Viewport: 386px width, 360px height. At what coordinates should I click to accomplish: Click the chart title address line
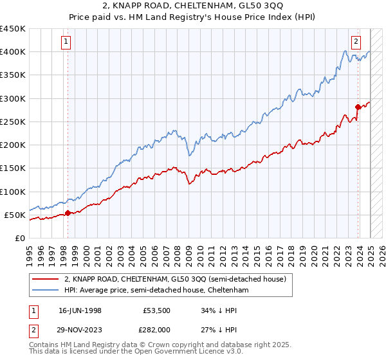click(x=193, y=6)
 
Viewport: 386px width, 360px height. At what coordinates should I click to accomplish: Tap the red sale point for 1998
click(x=68, y=213)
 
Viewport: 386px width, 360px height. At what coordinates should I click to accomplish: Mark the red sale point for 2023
click(x=358, y=107)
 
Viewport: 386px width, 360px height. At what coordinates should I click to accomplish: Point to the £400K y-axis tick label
click(x=13, y=52)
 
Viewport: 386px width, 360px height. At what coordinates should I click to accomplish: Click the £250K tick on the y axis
click(x=13, y=122)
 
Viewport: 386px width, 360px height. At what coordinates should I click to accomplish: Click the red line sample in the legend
click(x=45, y=279)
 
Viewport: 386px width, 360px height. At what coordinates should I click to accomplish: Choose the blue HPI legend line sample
click(x=45, y=291)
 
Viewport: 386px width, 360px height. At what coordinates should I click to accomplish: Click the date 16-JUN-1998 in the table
click(x=80, y=310)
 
